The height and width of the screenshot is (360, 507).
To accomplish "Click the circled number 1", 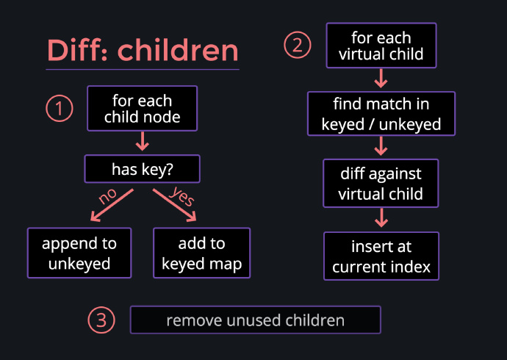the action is pos(60,108).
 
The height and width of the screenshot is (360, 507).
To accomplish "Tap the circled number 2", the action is pos(298,45).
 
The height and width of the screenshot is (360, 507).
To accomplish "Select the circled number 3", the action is pos(101,320).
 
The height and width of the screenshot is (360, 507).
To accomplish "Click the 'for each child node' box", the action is pos(143,108).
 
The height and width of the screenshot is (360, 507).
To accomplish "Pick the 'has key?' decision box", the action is pos(143,169).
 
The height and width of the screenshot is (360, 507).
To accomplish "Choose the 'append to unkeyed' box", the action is pos(79,253).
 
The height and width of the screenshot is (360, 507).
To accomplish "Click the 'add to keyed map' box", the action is pos(202,253).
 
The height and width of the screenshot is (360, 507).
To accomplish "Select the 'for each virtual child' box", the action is pos(381,46).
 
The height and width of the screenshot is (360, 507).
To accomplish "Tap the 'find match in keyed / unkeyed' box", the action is pos(381,114).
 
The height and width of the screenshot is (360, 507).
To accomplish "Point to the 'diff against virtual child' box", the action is pos(381,183).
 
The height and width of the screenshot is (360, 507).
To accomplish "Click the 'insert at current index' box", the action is pos(381,256).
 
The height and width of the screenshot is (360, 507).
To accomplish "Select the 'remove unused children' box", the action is pos(256,320).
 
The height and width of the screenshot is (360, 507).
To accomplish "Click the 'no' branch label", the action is pos(107,196).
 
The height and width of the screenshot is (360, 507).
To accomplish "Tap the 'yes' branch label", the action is pos(182,196).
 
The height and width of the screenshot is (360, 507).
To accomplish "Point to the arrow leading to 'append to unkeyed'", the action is pos(112,205).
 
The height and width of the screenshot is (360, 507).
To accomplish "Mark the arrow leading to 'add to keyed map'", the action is pos(175,205).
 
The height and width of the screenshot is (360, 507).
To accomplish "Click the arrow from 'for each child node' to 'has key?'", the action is pos(143,141).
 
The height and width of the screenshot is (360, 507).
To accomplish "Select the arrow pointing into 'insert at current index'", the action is pos(381,217).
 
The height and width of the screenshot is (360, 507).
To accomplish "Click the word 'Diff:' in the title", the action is pos(77,50).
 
